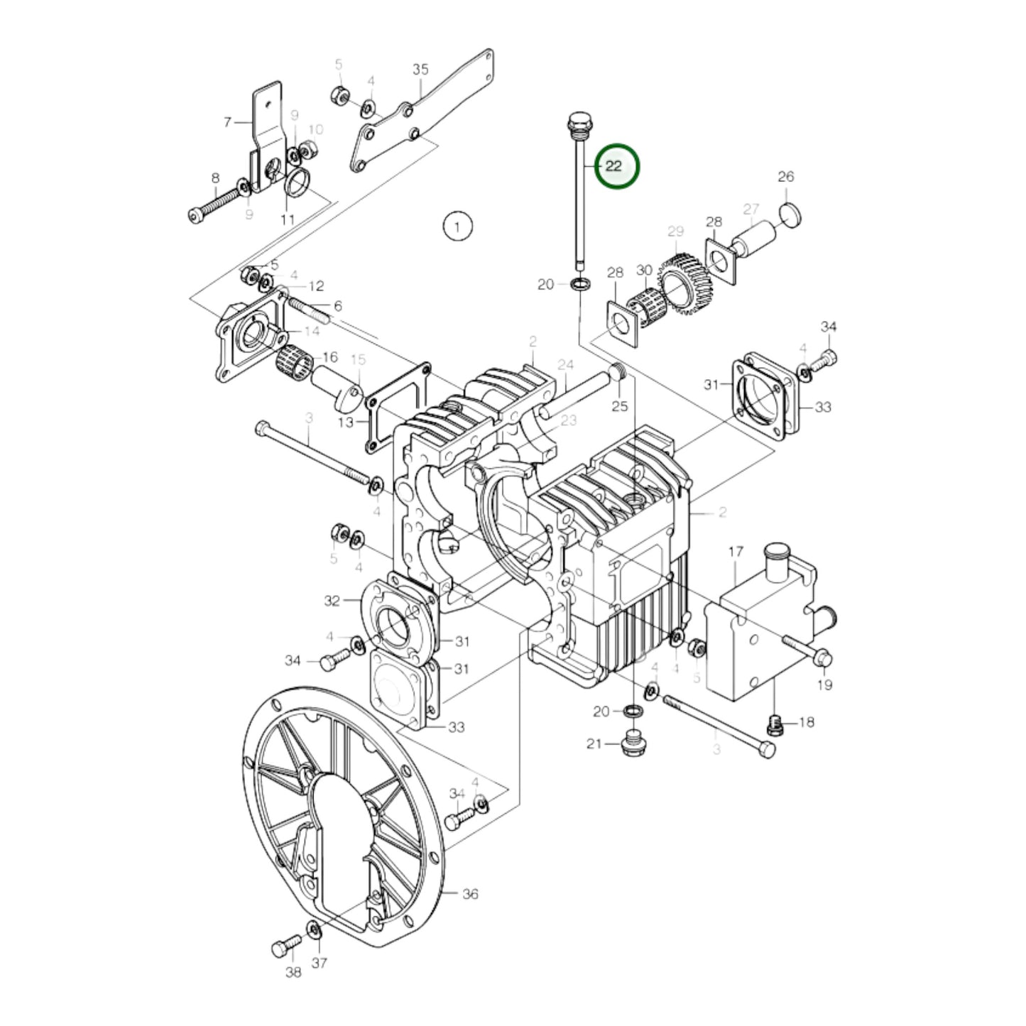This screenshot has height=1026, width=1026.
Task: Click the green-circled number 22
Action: click(615, 166)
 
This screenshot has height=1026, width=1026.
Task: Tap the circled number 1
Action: click(457, 227)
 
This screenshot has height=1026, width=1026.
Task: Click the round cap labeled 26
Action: click(791, 214)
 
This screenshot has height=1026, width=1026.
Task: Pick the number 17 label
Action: click(736, 552)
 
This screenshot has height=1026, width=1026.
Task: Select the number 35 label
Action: click(420, 70)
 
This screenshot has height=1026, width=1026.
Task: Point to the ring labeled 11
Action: click(298, 182)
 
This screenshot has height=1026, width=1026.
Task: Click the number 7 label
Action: click(227, 122)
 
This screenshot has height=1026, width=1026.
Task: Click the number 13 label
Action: click(345, 422)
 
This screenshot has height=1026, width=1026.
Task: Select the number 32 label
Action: click(332, 601)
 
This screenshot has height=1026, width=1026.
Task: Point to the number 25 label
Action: click(620, 406)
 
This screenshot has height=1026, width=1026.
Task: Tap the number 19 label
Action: click(824, 684)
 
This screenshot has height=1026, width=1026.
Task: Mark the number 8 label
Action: click(215, 178)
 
